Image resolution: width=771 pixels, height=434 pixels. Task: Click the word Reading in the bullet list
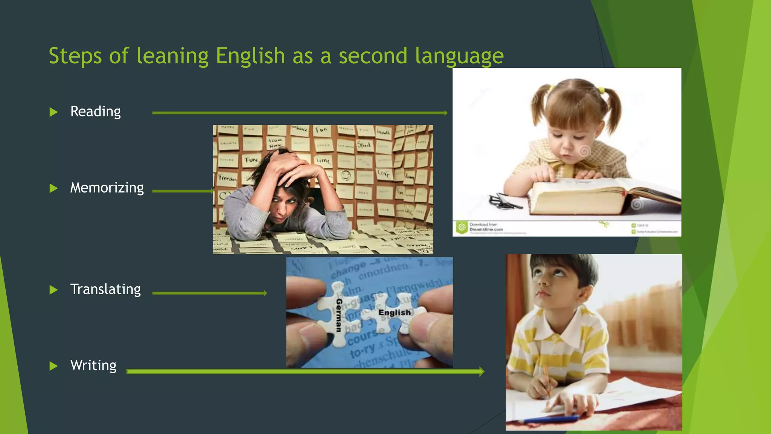coord(96,112)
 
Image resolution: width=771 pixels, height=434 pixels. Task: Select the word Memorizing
coord(107,188)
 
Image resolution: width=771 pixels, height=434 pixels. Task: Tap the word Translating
coord(105,289)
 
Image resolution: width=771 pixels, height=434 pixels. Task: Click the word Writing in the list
coord(93,365)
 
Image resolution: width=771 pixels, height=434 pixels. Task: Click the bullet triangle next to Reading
coord(54,112)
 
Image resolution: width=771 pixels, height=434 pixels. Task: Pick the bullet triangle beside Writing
coord(54,366)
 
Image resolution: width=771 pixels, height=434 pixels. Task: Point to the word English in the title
coord(250,56)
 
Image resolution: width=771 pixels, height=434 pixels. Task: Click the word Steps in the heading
coord(75,56)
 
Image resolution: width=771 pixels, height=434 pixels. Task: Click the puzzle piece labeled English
coord(394,313)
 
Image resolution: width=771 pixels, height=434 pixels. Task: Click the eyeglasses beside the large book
coord(504,202)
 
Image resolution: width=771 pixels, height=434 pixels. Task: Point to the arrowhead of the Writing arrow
coord(481,371)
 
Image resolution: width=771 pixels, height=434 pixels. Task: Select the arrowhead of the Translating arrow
coord(265,293)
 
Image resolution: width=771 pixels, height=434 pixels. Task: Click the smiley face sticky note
coord(346,176)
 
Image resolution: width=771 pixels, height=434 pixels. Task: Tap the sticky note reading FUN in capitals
coord(251,160)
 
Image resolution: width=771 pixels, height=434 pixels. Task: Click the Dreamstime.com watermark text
coord(486,229)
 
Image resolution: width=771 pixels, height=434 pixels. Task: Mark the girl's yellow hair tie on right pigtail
coord(601,90)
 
